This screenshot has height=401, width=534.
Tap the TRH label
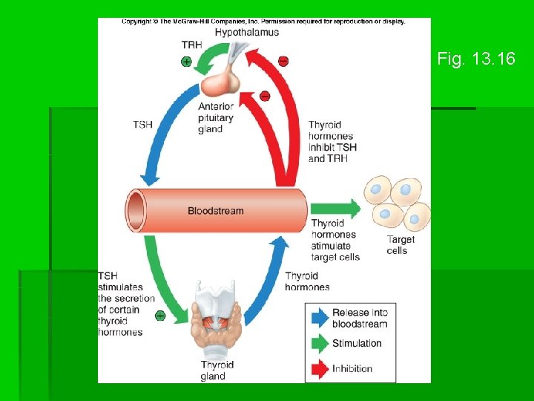point(191,45)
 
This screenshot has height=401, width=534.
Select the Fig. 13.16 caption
point(476,59)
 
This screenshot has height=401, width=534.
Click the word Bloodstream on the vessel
point(215,211)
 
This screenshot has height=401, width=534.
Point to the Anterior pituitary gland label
point(216,118)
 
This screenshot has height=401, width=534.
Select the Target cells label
point(400,245)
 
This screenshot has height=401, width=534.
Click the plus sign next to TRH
point(186,62)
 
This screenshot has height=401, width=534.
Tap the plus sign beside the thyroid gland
point(159,316)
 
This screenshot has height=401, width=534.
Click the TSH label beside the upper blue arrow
point(142,125)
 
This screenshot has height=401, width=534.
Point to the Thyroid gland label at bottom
point(217,370)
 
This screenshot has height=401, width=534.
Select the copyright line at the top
point(263,22)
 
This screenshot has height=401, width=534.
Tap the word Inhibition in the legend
point(352,368)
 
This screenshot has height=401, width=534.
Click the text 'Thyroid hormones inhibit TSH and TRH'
point(332,142)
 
